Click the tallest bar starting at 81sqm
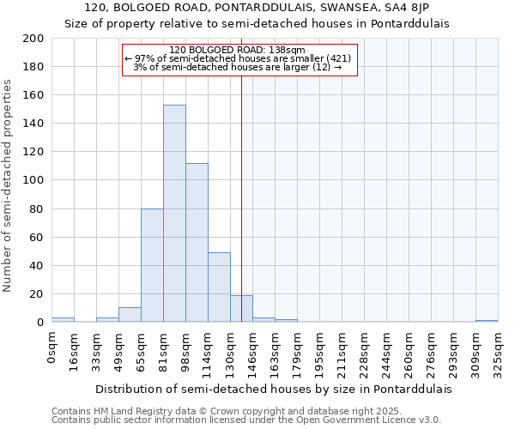click(174, 213)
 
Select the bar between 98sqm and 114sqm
click(197, 242)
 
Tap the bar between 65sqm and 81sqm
click(152, 265)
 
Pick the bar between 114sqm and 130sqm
click(219, 287)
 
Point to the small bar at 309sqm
click(487, 321)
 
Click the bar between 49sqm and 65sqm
click(130, 314)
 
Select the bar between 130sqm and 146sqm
click(241, 308)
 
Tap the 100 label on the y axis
click(34, 180)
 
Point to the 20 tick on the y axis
click(38, 294)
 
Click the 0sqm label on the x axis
click(51, 347)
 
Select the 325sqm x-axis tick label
click(498, 353)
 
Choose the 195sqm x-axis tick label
click(319, 353)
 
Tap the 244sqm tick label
click(386, 353)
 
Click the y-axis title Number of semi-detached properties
click(9, 184)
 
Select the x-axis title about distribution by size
click(273, 389)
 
